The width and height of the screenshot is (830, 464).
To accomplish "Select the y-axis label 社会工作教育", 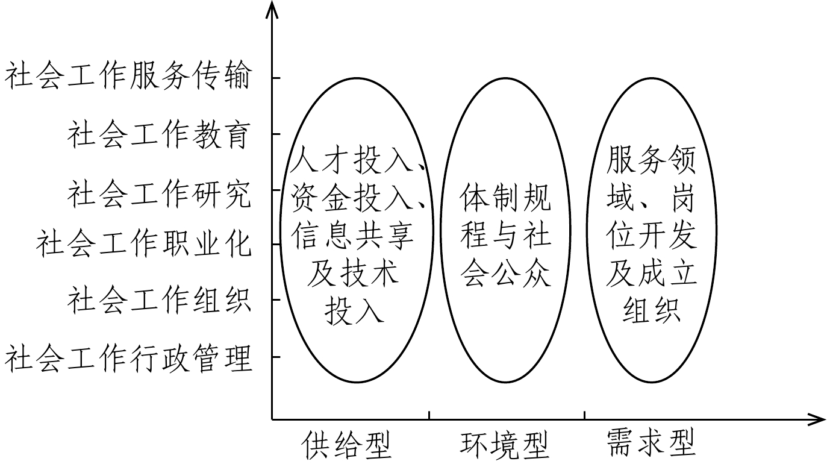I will coord(158,134).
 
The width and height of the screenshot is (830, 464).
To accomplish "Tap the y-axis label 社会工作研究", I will coord(158,193).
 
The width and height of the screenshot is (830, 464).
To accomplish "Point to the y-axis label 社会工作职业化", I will coord(143,243).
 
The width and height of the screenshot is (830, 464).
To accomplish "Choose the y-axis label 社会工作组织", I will coord(158,299).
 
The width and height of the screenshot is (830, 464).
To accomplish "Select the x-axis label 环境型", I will coord(505,445).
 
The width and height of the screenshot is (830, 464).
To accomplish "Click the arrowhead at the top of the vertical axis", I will coord(272,8).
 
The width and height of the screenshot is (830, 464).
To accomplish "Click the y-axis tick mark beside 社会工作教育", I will coord(276,134).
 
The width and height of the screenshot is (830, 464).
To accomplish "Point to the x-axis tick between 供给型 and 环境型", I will coord(429,415).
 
